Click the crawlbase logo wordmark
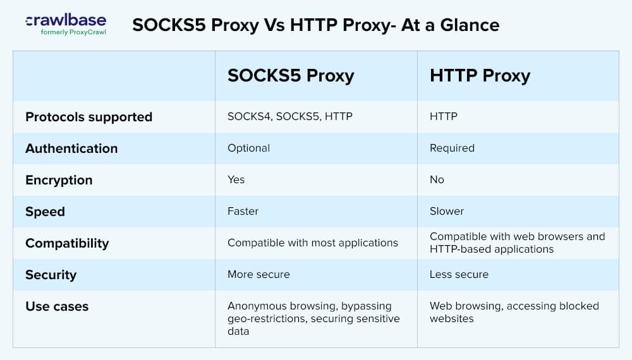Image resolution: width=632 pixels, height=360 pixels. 66,20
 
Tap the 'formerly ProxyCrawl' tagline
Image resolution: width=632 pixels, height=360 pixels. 73,32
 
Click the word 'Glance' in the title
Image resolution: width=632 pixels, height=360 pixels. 470,25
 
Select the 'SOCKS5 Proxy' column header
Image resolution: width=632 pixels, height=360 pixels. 291,76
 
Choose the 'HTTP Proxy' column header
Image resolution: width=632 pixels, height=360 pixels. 480,76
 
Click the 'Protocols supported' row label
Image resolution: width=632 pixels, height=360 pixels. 88,117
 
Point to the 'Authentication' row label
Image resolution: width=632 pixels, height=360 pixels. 71,148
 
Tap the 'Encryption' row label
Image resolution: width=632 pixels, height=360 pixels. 59,180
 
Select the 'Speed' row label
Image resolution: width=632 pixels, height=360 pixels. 45,212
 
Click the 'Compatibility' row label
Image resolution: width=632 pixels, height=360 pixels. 67,243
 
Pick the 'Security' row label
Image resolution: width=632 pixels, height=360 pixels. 51,275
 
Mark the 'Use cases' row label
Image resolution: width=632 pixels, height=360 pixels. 57,306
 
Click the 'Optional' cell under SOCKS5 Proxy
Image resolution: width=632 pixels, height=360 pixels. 248,148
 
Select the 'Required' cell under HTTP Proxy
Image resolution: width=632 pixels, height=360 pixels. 452,148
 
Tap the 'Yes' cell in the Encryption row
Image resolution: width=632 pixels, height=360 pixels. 236,179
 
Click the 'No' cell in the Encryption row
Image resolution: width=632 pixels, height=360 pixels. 437,179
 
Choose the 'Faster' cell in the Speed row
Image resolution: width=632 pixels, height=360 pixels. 243,211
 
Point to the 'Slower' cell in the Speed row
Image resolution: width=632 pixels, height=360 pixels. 447,211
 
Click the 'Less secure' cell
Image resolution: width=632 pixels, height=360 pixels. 459,274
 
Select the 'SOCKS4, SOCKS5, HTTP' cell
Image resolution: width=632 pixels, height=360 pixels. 290,116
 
